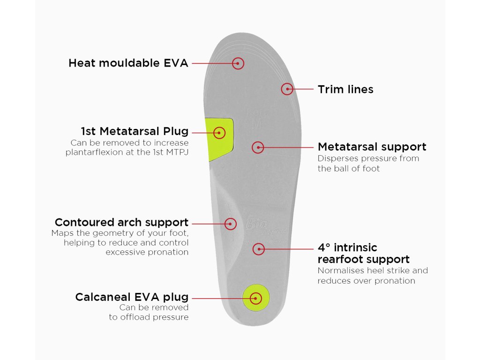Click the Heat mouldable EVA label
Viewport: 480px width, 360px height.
click(x=128, y=63)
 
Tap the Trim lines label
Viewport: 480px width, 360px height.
click(x=345, y=89)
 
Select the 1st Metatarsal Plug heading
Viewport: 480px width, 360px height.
click(x=135, y=131)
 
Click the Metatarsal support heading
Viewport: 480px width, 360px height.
click(x=372, y=147)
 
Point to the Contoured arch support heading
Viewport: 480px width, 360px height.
click(x=121, y=222)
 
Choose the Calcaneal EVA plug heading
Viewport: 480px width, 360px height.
click(x=132, y=297)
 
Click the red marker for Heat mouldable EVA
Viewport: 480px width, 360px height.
click(x=238, y=63)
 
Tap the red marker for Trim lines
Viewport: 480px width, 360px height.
click(x=287, y=89)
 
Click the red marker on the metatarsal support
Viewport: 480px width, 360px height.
click(x=258, y=147)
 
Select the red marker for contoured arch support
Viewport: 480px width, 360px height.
click(x=231, y=223)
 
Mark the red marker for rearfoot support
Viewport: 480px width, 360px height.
click(x=258, y=249)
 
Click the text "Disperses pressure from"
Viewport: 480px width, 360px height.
click(x=368, y=158)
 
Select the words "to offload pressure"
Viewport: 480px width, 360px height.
click(x=149, y=317)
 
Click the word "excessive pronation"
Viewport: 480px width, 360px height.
click(x=147, y=252)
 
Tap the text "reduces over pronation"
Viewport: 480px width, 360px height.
click(x=366, y=281)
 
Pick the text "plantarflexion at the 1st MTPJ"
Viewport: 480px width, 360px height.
click(x=127, y=152)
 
